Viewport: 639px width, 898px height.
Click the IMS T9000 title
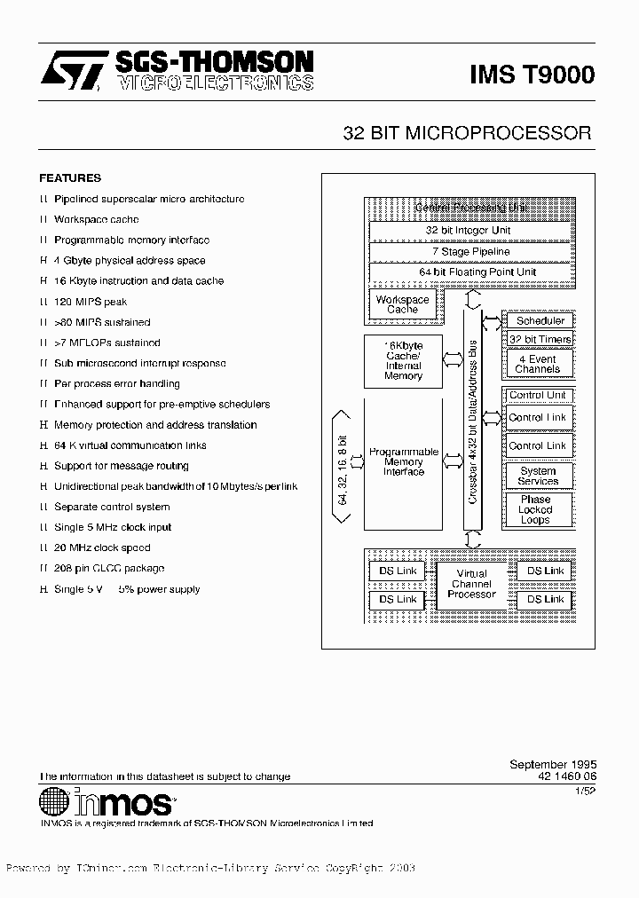tap(532, 76)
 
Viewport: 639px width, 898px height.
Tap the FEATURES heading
tap(70, 177)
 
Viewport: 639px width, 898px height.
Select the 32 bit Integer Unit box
tap(468, 231)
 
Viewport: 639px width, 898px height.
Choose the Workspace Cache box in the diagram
tap(402, 304)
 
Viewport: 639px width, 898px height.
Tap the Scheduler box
tap(540, 321)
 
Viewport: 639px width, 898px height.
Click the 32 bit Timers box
tap(540, 340)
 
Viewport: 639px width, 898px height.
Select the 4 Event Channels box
tap(538, 364)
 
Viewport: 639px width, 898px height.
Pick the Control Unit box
tap(538, 395)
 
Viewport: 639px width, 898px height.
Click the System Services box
tap(538, 477)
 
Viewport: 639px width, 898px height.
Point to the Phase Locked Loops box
tap(535, 510)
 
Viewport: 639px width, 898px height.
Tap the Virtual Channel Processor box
tap(471, 584)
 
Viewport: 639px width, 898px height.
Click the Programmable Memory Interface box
tap(403, 461)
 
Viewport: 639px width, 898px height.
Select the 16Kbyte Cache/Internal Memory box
tap(403, 360)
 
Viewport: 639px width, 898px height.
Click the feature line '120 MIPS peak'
tap(91, 302)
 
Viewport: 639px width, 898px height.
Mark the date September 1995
tap(553, 764)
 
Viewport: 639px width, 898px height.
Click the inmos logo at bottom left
tap(107, 802)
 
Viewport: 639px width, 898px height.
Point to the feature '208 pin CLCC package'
tap(109, 569)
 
